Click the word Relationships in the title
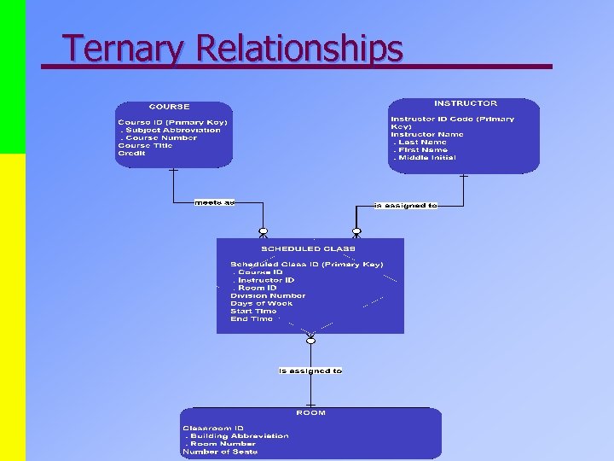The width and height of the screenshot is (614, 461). coord(298,49)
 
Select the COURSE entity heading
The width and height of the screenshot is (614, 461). coord(169,107)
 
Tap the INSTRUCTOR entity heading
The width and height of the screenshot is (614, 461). coord(466,103)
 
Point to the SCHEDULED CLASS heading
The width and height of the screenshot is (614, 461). coord(308,248)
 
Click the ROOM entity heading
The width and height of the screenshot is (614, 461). coord(310,413)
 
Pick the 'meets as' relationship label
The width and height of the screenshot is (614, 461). coord(213,202)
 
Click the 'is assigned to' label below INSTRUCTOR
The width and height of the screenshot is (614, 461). coord(406,206)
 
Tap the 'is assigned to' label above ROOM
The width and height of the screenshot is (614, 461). coord(310,371)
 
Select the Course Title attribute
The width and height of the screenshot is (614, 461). coord(145,145)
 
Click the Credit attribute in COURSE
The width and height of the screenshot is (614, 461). coord(132,153)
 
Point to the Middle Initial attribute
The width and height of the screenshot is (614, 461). coord(425,157)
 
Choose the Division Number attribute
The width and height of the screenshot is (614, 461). coord(268,295)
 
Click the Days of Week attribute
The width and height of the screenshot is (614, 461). coord(261,303)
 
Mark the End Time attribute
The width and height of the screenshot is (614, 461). coord(252,318)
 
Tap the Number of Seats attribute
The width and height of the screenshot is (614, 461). coord(220,452)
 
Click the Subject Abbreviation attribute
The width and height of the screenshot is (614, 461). coord(171,130)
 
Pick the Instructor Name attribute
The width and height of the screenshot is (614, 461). coord(427,134)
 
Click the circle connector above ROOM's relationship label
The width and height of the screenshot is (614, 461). coord(310,341)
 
